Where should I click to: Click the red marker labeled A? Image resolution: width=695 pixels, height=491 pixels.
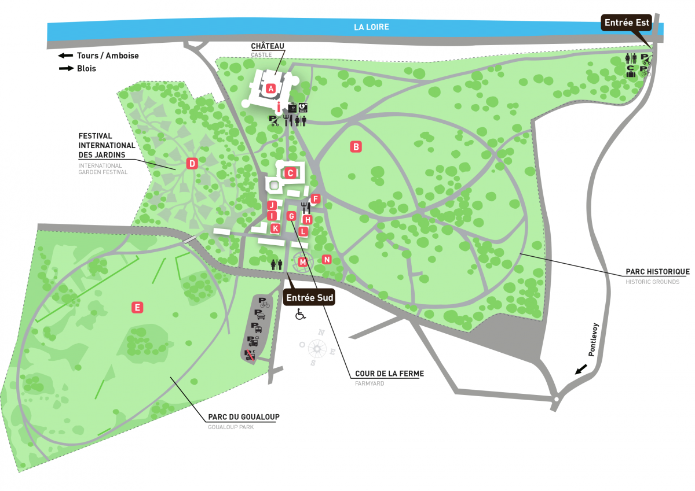[x=270, y=88]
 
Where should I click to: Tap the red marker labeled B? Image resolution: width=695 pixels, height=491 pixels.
[x=356, y=147]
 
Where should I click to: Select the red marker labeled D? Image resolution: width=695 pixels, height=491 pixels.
[x=192, y=164]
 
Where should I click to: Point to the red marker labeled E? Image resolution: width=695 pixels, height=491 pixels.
[x=137, y=308]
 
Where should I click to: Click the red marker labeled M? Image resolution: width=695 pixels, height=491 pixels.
[x=302, y=263]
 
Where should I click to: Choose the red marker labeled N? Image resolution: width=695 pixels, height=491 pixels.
[x=327, y=260]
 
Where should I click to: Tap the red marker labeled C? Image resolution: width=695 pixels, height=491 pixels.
[x=291, y=172]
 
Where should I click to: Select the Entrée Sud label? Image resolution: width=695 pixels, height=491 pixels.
[x=310, y=297]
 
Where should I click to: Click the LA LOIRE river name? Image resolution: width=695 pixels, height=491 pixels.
[x=371, y=27]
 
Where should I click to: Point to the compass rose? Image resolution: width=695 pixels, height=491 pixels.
[x=317, y=348]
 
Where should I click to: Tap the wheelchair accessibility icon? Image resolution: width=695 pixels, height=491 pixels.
[x=301, y=314]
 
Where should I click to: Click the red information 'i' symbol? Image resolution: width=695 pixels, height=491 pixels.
[x=279, y=107]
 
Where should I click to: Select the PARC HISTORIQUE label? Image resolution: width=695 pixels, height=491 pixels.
[x=657, y=271]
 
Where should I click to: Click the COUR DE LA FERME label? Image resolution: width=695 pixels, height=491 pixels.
[x=389, y=374]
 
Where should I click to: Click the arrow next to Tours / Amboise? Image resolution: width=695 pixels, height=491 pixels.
[x=65, y=56]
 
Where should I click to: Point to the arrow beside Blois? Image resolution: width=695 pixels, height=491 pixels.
[x=65, y=68]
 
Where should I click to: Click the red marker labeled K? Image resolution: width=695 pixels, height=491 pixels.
[x=276, y=228]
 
